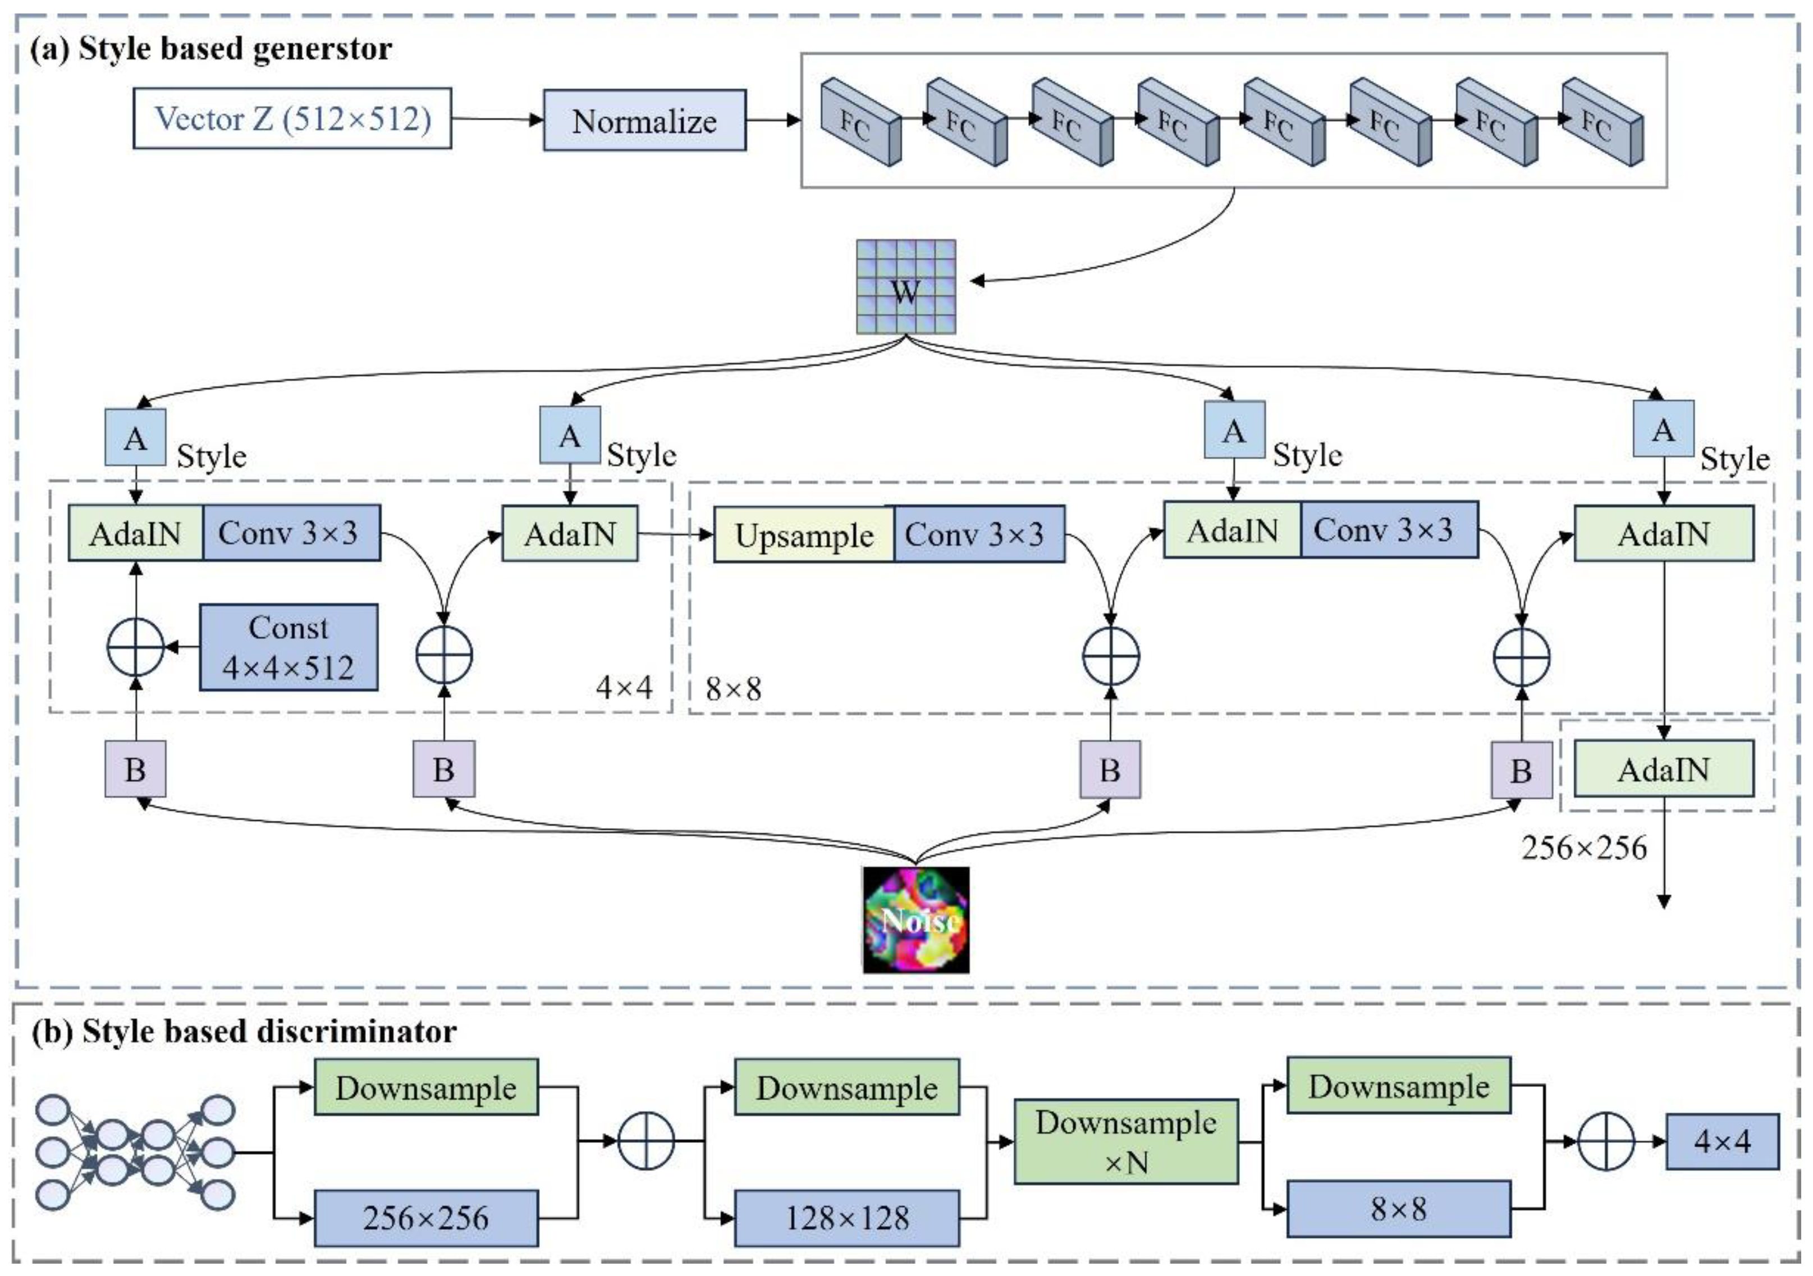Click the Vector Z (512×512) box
pyautogui.click(x=292, y=118)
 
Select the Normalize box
pyautogui.click(x=644, y=121)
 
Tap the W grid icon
pyautogui.click(x=906, y=287)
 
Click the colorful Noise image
pyautogui.click(x=916, y=920)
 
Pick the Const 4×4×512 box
pyautogui.click(x=288, y=647)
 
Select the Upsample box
pyautogui.click(x=804, y=534)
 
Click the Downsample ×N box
pyautogui.click(x=1126, y=1142)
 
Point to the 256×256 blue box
pyautogui.click(x=427, y=1218)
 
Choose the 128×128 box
pyautogui.click(x=846, y=1218)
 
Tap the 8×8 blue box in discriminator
pyautogui.click(x=1398, y=1209)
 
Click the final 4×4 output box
pyautogui.click(x=1722, y=1142)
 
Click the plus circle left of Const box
pyautogui.click(x=135, y=647)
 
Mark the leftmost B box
pyautogui.click(x=135, y=769)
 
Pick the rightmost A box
pyautogui.click(x=1663, y=429)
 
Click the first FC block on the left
pyautogui.click(x=860, y=122)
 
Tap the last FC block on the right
pyautogui.click(x=1602, y=122)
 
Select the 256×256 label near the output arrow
pyautogui.click(x=1584, y=848)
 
